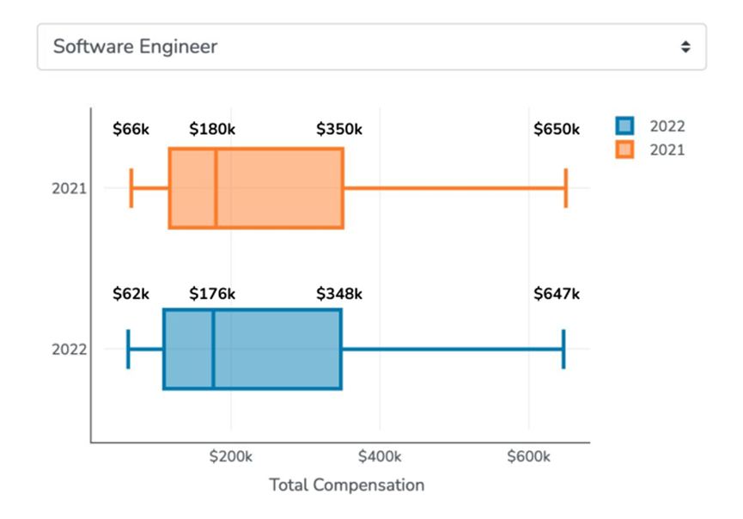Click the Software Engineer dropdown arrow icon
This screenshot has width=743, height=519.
685,47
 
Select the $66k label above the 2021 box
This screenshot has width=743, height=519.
131,130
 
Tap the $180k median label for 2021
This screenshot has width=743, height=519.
212,130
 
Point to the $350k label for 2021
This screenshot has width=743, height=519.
339,130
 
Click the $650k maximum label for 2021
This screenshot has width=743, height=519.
557,130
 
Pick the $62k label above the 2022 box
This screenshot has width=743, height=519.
131,294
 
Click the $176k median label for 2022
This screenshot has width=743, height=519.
212,294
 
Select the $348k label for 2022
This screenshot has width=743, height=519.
339,294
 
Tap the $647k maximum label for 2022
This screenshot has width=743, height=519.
557,294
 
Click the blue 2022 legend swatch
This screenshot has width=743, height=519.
624,126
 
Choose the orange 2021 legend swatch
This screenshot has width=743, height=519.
624,150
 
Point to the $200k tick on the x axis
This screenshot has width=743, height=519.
231,456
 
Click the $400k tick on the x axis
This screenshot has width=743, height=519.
380,456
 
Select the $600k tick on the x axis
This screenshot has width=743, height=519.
528,456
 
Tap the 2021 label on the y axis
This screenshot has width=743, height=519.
69,188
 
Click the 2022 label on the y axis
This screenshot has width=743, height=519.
69,350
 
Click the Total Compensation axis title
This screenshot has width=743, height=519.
347,485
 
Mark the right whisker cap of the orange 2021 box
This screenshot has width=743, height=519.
566,188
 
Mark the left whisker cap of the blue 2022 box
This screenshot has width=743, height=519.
128,350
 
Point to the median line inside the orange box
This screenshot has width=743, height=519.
216,188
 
